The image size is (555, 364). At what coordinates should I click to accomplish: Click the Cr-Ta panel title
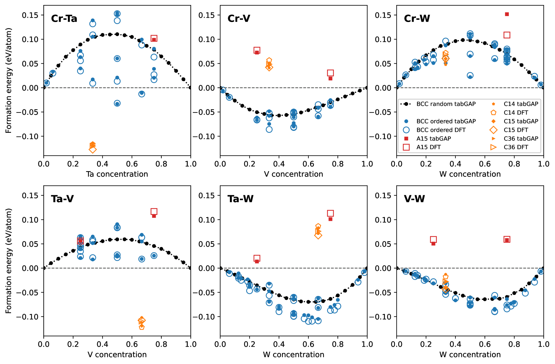[64, 18]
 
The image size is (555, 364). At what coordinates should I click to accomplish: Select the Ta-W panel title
[240, 199]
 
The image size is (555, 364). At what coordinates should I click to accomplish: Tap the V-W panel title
[414, 199]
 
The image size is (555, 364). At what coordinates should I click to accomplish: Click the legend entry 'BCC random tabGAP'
[446, 104]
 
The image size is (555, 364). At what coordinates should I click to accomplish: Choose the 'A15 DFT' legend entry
[428, 147]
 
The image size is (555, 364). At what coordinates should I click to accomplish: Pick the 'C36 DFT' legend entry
[516, 147]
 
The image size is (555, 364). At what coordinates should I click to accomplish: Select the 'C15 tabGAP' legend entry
[521, 121]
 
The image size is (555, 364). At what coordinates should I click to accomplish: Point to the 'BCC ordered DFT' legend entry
[441, 130]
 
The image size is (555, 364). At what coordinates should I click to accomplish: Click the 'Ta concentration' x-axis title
[117, 174]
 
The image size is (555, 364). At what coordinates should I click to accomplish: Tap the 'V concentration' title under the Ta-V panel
[117, 354]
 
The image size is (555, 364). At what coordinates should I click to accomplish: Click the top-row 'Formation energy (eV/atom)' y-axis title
[9, 80]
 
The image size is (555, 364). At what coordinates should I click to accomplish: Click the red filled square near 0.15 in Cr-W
[507, 14]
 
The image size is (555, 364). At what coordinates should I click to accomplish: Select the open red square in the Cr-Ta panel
[154, 38]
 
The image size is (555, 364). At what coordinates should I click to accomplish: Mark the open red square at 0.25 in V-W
[433, 240]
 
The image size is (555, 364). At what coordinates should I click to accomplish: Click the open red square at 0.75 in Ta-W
[330, 213]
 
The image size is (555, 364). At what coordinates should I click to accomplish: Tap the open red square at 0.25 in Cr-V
[257, 50]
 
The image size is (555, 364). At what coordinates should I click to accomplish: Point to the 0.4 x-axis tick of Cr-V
[279, 164]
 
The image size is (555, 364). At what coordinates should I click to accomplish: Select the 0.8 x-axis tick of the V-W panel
[514, 344]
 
